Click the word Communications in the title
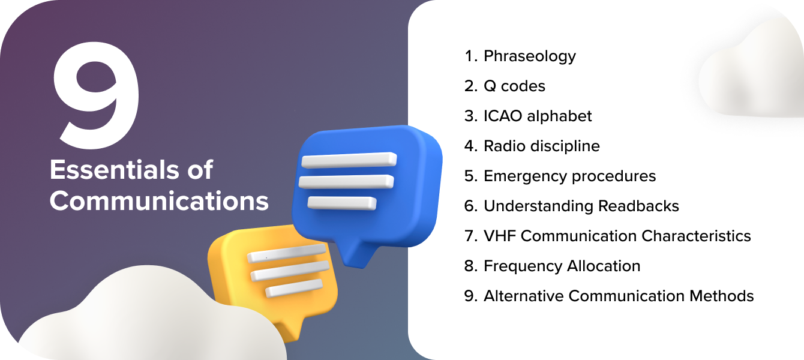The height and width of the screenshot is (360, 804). [159, 200]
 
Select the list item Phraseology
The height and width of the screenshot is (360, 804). [529, 56]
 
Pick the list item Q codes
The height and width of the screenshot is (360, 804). [514, 86]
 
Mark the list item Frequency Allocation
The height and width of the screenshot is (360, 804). [562, 266]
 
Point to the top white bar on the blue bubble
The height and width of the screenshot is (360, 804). [348, 160]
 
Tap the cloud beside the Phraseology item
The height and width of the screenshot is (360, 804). [753, 72]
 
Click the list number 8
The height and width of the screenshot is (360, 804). [469, 266]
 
